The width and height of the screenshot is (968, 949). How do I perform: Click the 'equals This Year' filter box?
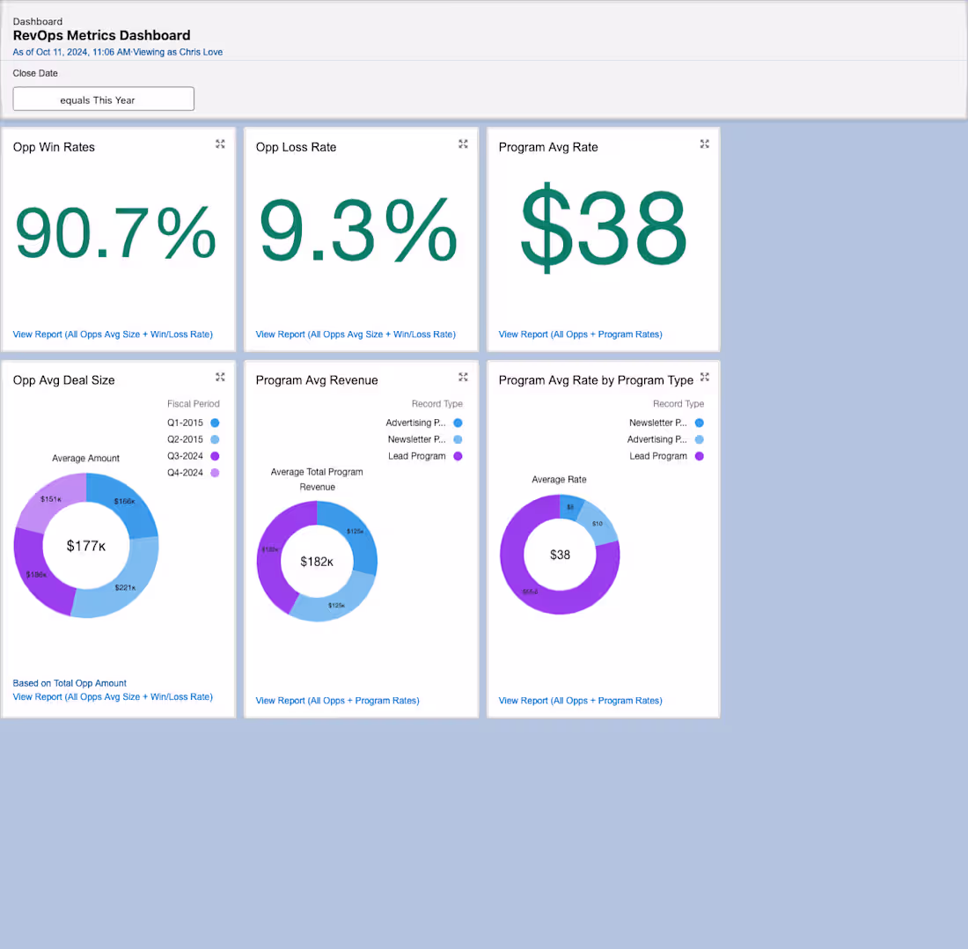pos(103,99)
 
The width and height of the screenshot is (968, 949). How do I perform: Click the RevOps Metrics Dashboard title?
pos(101,36)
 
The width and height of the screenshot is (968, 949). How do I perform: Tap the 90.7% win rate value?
pos(116,232)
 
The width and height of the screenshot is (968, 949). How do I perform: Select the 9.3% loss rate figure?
pos(358,232)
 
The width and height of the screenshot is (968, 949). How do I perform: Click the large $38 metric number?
pos(603,230)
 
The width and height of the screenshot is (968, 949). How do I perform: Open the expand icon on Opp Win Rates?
pos(220,144)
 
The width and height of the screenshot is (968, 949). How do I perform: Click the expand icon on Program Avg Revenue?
pos(463,378)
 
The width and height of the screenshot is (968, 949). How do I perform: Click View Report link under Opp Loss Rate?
pos(356,335)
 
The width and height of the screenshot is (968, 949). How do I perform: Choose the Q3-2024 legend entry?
pos(185,456)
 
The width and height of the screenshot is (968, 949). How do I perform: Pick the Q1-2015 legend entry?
pos(185,423)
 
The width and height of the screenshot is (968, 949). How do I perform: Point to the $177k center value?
pos(86,547)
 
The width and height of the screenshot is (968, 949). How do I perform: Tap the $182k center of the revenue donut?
pos(317,562)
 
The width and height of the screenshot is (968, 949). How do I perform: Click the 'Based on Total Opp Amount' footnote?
pos(70,683)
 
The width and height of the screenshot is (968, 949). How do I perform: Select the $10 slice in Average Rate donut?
pos(598,524)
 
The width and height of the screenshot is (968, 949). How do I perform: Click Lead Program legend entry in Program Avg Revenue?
pos(417,456)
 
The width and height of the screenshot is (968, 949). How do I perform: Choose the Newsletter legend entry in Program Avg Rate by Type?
pos(657,423)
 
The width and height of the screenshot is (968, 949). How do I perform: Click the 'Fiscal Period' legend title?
pos(193,404)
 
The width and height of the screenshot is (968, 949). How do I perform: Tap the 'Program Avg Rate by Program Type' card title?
pos(596,380)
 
